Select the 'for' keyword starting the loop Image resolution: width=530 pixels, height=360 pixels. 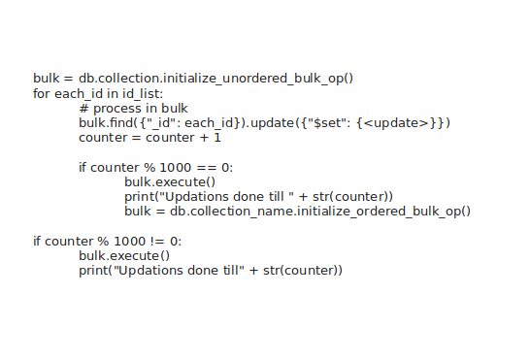click(42, 93)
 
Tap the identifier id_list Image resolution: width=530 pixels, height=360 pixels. click(144, 93)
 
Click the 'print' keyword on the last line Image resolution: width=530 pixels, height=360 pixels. click(94, 270)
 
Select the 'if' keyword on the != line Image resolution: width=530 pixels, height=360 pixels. click(37, 241)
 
